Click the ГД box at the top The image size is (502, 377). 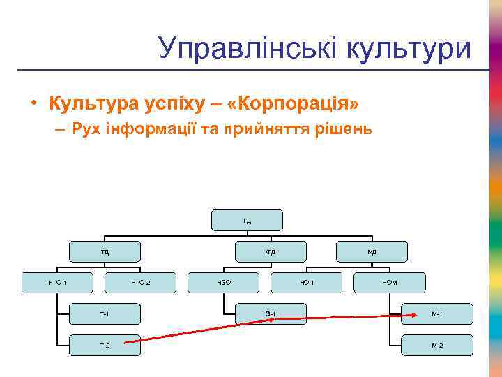click(x=248, y=220)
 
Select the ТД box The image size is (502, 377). click(x=105, y=251)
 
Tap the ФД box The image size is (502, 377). click(x=270, y=251)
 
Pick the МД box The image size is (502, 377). click(x=372, y=251)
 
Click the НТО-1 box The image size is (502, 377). click(x=57, y=282)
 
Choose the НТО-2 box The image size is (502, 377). click(x=140, y=282)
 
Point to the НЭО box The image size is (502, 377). click(x=224, y=282)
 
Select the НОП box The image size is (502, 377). click(x=307, y=282)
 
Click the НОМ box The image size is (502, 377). click(x=390, y=282)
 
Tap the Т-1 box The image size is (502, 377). click(x=105, y=314)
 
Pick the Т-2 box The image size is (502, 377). click(x=105, y=345)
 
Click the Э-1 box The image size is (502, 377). click(x=270, y=314)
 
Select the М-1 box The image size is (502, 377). click(x=437, y=314)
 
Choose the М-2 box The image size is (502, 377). click(x=437, y=345)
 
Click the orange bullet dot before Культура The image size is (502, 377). click(x=33, y=105)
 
